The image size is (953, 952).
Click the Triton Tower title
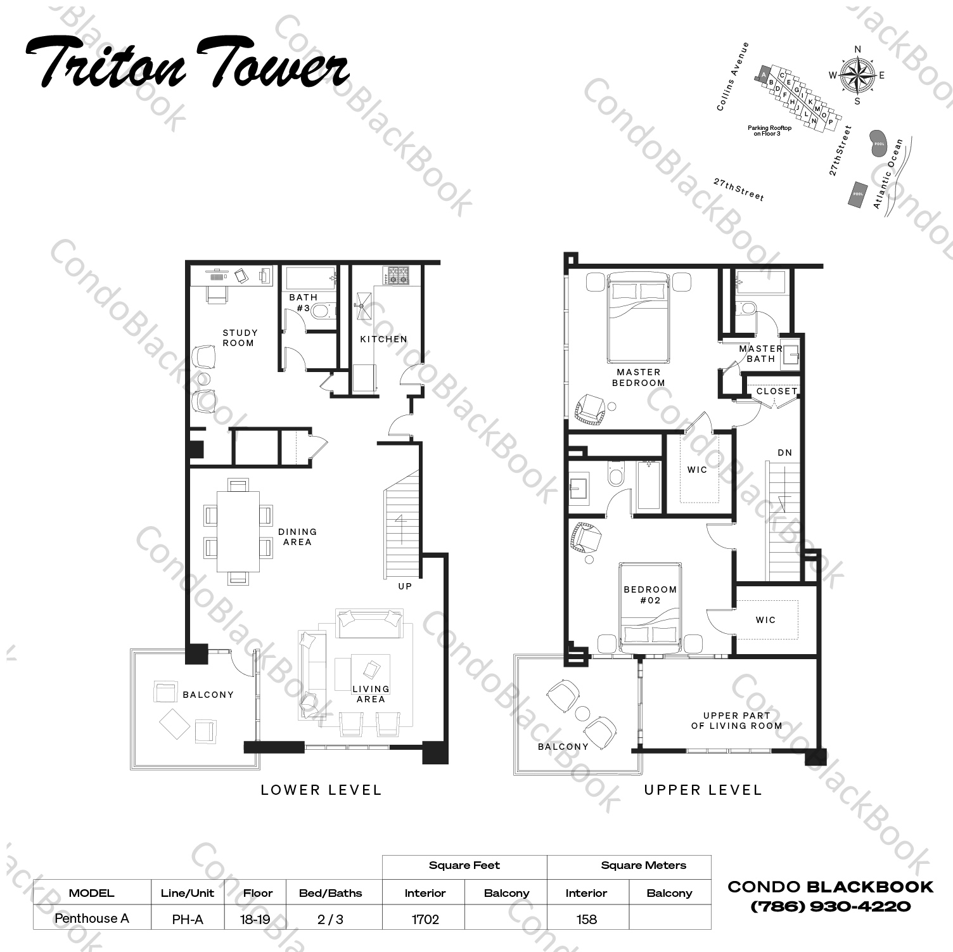(x=188, y=63)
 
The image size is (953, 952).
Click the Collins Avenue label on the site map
(x=732, y=77)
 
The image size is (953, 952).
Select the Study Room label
(x=239, y=338)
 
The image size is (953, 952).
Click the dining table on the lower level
(x=238, y=532)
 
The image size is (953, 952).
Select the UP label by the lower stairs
(x=405, y=586)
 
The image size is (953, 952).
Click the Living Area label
(x=371, y=694)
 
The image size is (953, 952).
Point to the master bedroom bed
(x=638, y=317)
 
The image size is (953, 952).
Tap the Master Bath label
(x=760, y=354)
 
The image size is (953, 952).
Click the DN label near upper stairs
(x=784, y=453)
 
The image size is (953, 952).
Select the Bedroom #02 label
(x=650, y=595)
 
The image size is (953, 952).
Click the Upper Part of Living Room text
(x=736, y=721)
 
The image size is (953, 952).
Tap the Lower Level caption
(x=321, y=790)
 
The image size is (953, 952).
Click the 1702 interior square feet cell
(x=425, y=919)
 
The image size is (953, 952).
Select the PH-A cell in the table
(x=187, y=919)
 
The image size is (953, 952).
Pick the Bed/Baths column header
(x=330, y=893)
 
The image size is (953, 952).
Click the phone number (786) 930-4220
(x=830, y=907)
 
